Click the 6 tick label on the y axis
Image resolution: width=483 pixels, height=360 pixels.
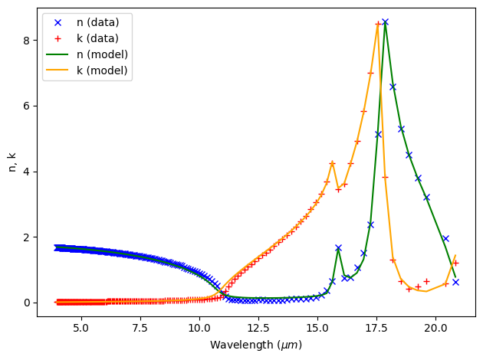pos(25,106)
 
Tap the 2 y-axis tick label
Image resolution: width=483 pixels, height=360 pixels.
pos(25,237)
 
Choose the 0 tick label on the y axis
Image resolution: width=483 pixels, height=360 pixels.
pos(25,303)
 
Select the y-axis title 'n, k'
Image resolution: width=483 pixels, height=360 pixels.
pos(11,162)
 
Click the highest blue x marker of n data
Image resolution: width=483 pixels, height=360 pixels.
pos(385,22)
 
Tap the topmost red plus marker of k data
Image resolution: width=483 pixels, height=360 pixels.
pos(378,24)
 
